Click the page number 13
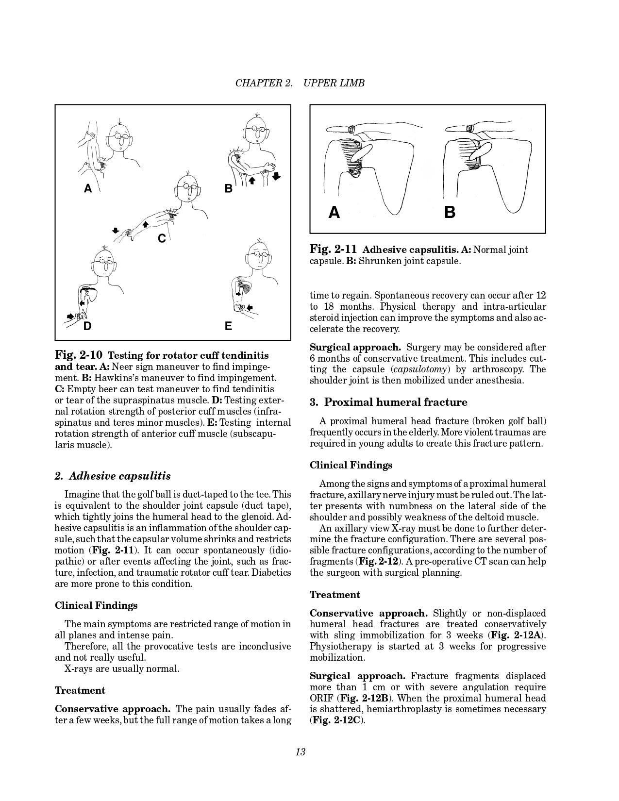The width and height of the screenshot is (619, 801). [300, 752]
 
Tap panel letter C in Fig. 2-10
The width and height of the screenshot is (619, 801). [162, 238]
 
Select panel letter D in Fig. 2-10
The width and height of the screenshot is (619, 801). [87, 326]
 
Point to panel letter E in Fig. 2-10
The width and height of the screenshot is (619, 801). [228, 326]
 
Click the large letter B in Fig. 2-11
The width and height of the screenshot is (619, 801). [450, 212]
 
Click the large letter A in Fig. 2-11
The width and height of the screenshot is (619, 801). [334, 212]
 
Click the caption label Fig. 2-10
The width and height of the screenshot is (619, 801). [79, 355]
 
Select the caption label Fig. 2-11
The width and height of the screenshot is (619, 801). [334, 250]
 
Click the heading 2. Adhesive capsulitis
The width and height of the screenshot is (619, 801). [113, 476]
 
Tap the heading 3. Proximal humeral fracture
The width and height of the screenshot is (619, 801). [388, 402]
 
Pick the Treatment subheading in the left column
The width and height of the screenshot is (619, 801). [80, 690]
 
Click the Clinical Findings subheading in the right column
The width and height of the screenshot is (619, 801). [351, 465]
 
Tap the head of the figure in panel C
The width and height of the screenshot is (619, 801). [188, 188]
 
